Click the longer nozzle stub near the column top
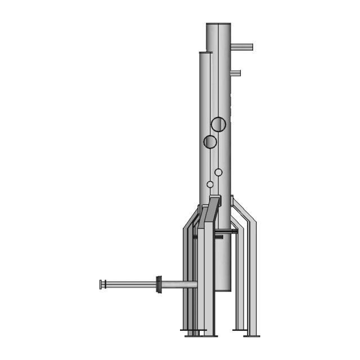tap(242, 47)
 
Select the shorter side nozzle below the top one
tap(236, 73)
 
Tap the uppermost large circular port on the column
tap(218, 124)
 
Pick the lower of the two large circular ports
tap(210, 142)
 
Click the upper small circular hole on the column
tap(218, 172)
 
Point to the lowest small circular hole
tap(210, 184)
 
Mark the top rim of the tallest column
tap(218, 24)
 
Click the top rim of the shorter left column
tap(205, 53)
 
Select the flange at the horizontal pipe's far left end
tap(102, 285)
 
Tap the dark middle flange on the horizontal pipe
tap(159, 285)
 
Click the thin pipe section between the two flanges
tap(130, 285)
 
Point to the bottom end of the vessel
tap(222, 290)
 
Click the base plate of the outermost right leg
tap(251, 336)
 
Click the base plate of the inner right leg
tap(239, 330)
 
